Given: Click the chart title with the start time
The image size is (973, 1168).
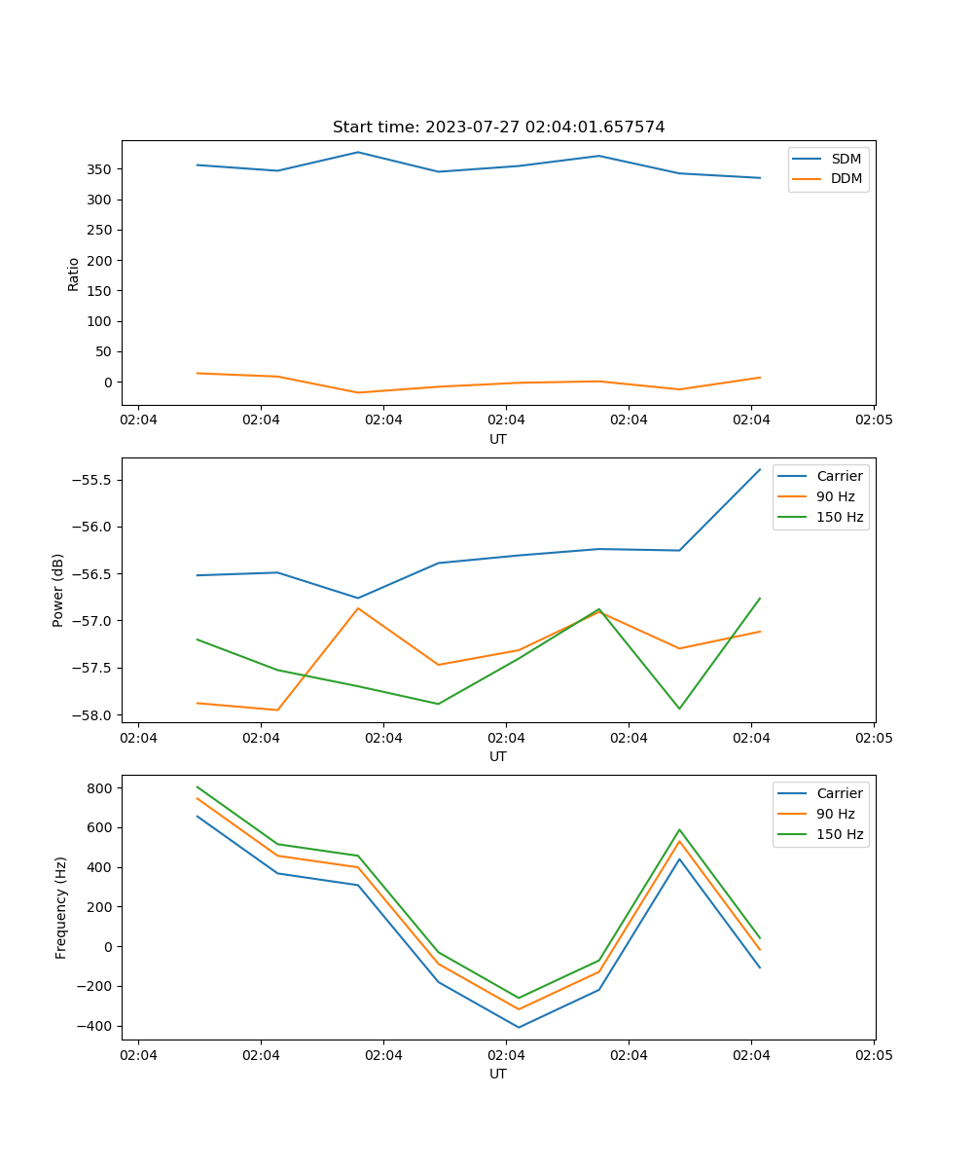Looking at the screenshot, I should click(x=498, y=128).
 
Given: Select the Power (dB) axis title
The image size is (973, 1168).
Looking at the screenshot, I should click(x=58, y=590).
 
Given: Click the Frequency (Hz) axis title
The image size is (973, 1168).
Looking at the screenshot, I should click(x=60, y=907).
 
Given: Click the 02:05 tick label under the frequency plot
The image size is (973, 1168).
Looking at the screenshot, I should click(x=874, y=1055).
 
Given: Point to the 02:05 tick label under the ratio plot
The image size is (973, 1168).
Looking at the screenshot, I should click(x=874, y=420).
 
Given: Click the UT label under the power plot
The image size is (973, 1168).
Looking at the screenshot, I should click(x=498, y=756).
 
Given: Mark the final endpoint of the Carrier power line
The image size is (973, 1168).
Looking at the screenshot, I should click(x=760, y=469).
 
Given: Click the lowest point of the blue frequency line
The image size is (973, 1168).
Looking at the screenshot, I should click(x=519, y=1027).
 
